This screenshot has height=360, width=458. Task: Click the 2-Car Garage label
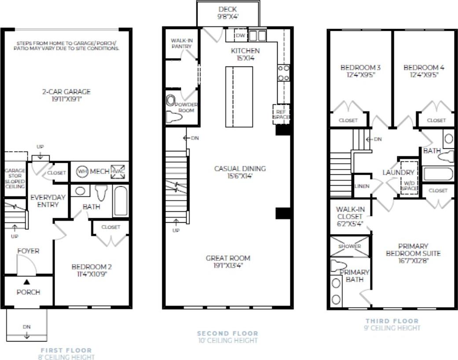coord(67,92)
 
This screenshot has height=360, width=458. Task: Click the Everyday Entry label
coord(48,201)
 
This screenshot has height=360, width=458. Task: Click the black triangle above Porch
coord(27,282)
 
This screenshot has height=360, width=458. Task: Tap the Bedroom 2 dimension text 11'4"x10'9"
coord(89,274)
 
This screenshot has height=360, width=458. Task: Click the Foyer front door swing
coord(25,265)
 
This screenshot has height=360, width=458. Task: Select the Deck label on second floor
coord(227,9)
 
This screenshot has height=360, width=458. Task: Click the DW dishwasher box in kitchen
coord(240,36)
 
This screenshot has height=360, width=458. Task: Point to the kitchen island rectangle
coord(239,96)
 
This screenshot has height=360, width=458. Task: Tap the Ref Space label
coord(281,114)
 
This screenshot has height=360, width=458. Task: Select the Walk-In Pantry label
coord(182,43)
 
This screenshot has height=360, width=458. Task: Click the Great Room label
coord(228,258)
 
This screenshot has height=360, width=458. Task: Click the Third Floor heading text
coord(392,321)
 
